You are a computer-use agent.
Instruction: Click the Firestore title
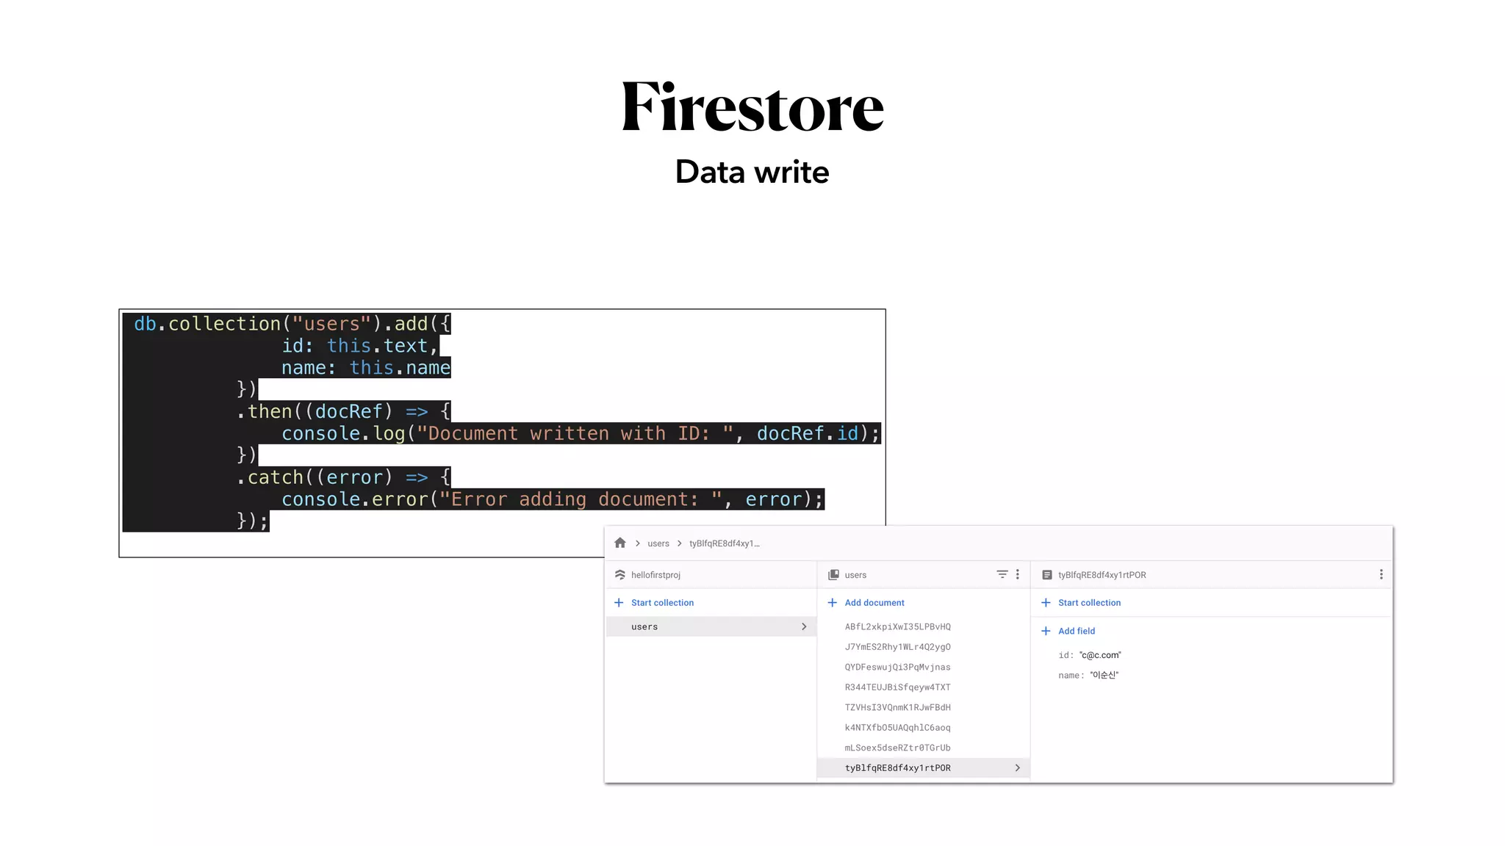pos(752,107)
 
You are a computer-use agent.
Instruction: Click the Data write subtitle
pos(752,172)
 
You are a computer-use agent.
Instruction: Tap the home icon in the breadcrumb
pos(620,543)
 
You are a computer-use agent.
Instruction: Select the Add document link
pos(874,602)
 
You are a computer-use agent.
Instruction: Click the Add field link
pos(1076,631)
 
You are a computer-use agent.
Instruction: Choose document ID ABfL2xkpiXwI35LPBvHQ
pos(897,626)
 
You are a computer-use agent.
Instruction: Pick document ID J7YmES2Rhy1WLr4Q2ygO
pos(897,647)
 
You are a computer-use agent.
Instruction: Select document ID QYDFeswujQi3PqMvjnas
pos(897,667)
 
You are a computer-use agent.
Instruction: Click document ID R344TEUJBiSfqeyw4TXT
pos(897,687)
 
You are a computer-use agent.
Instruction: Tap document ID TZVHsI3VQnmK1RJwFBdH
pos(897,707)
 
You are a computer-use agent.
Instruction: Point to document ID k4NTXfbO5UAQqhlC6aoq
pos(897,728)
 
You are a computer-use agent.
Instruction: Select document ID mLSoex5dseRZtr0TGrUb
pos(897,748)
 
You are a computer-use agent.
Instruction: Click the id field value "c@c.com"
pos(1100,655)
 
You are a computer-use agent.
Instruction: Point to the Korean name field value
pos(1104,675)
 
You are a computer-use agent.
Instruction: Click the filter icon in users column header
pos(1002,574)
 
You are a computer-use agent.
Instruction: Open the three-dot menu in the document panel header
pos(1381,574)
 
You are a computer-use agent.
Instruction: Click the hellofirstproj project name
pos(655,575)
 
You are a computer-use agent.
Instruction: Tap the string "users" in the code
pos(331,324)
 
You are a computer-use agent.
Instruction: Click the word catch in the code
pos(275,477)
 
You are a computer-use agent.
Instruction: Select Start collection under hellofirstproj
pos(661,602)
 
